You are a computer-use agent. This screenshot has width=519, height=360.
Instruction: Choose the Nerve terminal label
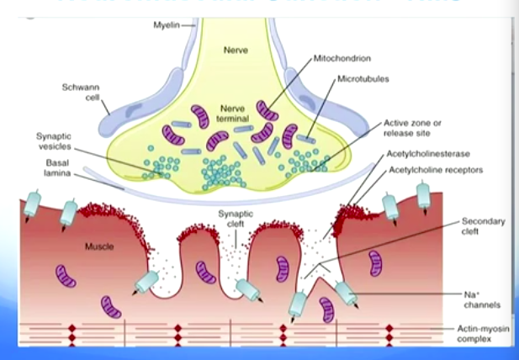click(x=230, y=114)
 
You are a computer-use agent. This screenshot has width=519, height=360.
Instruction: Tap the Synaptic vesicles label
click(x=55, y=140)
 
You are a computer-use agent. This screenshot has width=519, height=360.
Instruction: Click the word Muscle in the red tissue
click(x=99, y=246)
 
